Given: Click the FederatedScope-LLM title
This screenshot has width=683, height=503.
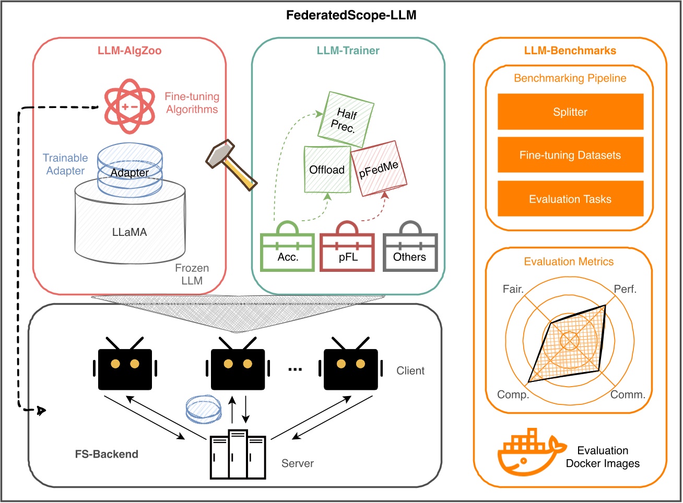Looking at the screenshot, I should (351, 15).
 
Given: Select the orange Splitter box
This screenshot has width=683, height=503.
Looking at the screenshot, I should (570, 112).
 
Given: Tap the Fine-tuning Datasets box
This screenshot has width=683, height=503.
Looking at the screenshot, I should (570, 155).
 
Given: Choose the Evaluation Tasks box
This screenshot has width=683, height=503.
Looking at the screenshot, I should (570, 199).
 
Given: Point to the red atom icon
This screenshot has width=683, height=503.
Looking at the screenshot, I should (129, 106).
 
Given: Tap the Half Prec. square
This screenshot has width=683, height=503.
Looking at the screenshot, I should (345, 119).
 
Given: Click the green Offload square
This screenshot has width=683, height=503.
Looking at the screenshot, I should (327, 169).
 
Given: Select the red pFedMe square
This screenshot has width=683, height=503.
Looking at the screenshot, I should (379, 169).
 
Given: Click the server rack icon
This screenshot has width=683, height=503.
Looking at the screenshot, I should (238, 455).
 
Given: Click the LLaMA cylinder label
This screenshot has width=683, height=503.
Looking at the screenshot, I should (129, 232).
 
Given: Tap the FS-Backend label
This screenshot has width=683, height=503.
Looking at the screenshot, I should (107, 454).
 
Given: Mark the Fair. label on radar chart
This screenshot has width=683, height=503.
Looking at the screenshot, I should (513, 289).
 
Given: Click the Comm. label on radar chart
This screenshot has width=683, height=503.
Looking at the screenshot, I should (628, 395).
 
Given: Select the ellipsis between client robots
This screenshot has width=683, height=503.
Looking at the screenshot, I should (295, 369).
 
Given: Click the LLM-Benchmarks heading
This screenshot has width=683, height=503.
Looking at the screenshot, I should (570, 51).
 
